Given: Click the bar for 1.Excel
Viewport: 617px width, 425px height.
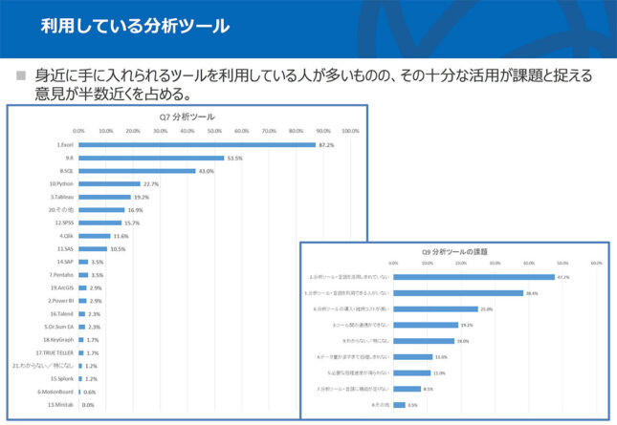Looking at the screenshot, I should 196,145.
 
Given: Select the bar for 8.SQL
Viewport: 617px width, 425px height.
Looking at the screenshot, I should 136,171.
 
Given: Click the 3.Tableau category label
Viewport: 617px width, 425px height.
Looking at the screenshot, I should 60,197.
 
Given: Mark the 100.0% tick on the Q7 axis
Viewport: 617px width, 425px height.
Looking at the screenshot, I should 350,131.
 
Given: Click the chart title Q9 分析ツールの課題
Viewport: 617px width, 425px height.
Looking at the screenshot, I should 455,250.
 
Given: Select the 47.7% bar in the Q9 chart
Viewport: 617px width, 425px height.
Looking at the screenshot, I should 474,277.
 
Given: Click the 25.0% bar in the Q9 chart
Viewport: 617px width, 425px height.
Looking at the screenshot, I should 435,309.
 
